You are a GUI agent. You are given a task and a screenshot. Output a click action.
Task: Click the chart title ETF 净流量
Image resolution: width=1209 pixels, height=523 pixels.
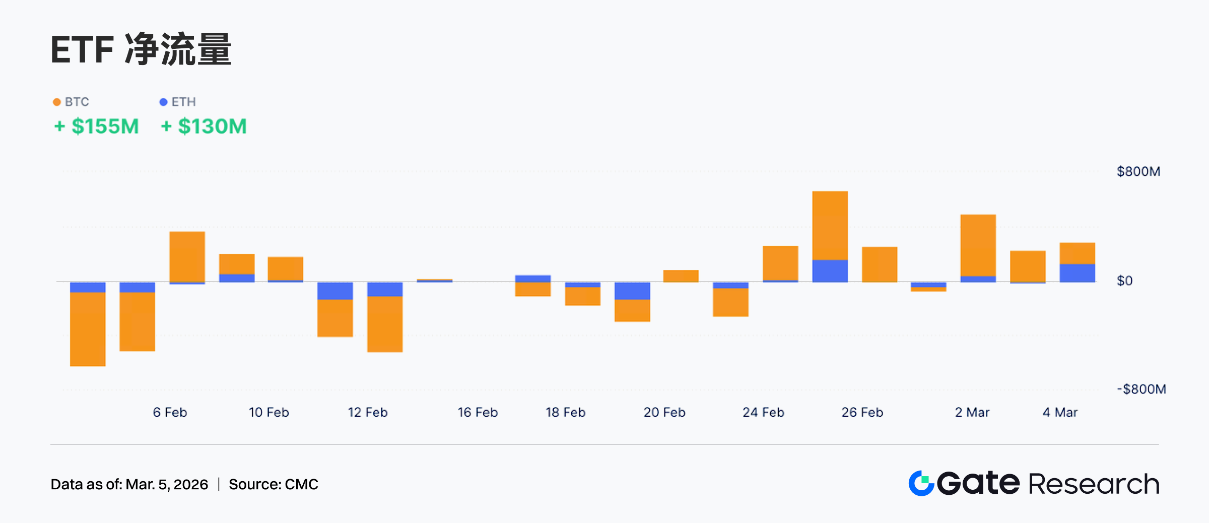(x=141, y=49)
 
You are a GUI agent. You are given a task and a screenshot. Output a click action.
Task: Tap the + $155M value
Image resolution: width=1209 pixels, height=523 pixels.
(x=96, y=126)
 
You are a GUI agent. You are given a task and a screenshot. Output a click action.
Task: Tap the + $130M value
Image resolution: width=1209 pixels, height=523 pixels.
(x=204, y=126)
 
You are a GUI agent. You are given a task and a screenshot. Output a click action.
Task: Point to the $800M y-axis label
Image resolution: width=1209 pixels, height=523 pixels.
(x=1138, y=171)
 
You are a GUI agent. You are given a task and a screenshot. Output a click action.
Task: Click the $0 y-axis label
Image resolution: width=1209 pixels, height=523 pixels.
(x=1124, y=281)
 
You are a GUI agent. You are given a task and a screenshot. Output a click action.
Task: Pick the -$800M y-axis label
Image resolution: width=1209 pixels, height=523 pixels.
(x=1141, y=389)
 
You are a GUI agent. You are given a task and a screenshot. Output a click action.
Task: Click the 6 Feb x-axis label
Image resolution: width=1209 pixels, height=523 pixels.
(x=170, y=413)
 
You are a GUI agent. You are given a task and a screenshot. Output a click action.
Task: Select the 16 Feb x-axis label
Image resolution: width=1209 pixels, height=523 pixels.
(x=477, y=413)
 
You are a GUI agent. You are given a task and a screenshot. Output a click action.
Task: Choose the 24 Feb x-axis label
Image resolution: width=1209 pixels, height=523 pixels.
(x=763, y=413)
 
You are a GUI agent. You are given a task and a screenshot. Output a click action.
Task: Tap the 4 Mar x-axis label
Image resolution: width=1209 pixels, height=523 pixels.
(x=1060, y=413)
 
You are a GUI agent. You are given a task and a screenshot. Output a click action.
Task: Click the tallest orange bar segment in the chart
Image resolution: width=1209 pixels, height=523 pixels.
(x=830, y=225)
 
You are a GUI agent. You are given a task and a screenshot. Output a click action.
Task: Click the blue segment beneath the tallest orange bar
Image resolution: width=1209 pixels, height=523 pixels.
(x=830, y=271)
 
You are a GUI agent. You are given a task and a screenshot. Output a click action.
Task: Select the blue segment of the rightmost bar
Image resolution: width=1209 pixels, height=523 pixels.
(x=1077, y=273)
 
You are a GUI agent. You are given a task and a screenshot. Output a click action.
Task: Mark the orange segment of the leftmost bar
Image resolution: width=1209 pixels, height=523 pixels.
(x=88, y=329)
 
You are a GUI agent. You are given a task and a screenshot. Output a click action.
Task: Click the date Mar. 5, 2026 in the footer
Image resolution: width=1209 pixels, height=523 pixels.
(x=166, y=484)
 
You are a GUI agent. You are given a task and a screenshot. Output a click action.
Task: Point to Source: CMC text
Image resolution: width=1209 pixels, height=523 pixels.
(x=273, y=484)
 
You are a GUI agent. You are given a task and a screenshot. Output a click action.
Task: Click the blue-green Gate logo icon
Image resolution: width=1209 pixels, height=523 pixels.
(x=921, y=483)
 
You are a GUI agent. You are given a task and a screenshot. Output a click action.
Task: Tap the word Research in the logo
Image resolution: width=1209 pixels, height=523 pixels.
(x=1093, y=484)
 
